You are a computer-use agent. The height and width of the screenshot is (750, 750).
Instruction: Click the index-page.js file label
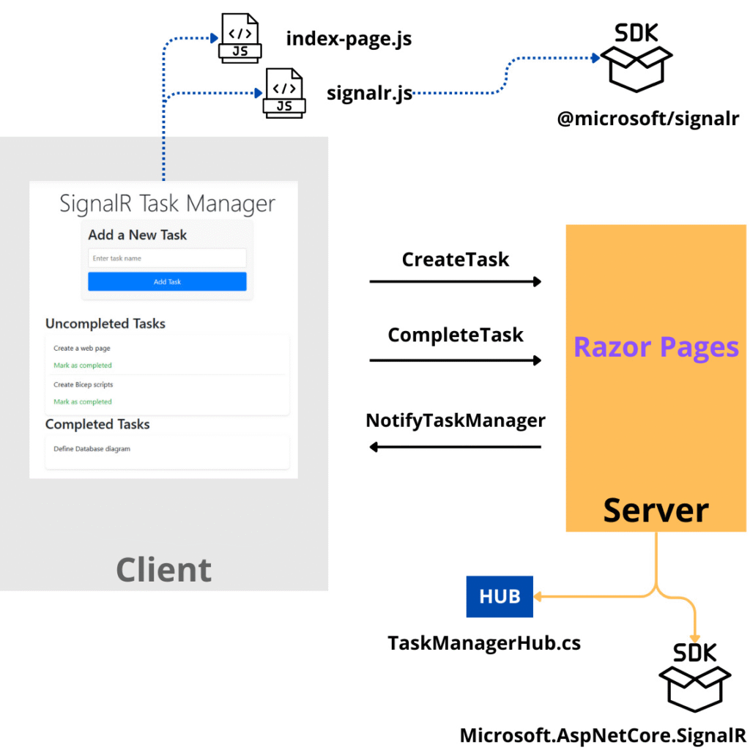pos(349,38)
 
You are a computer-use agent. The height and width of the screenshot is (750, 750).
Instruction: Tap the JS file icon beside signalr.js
pos(284,93)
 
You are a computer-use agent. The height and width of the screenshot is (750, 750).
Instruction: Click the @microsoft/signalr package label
pos(648,118)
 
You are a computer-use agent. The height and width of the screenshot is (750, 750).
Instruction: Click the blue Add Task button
pos(167,282)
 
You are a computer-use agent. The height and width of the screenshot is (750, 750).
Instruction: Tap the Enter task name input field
pos(167,258)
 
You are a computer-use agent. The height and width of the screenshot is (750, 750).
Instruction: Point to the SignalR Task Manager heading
pos(167,203)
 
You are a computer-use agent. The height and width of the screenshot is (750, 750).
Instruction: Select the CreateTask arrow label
pos(455,259)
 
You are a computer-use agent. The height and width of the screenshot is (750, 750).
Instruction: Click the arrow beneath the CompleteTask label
pos(455,360)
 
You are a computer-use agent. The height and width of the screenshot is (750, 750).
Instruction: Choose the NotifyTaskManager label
pos(455,421)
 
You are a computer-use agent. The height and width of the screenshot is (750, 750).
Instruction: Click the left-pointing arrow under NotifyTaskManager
pos(455,447)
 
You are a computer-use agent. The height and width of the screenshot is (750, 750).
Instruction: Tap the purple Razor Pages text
pos(656,346)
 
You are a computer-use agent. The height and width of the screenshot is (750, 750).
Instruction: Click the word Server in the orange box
pos(656,510)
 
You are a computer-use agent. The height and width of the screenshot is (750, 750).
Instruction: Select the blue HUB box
pos(500,596)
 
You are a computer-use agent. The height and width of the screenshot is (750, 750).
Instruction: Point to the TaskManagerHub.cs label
pos(483,643)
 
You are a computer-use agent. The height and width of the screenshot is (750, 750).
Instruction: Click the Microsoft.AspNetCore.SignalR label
pos(602,735)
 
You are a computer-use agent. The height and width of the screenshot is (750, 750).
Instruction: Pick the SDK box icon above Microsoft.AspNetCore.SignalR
pos(695,677)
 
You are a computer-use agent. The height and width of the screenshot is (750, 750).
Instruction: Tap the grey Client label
pos(163,570)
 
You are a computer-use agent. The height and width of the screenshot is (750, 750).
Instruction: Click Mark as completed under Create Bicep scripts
pos(83,401)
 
